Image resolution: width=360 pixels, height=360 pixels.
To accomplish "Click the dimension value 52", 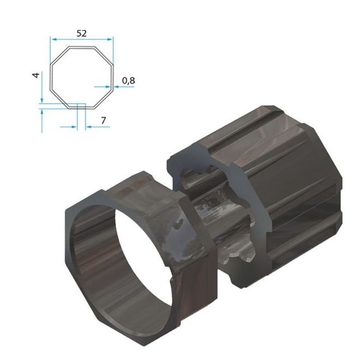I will [81, 33].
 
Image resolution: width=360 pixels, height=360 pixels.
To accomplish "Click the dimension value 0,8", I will [128, 81].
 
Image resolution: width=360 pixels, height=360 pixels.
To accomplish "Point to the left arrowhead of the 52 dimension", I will [53, 39].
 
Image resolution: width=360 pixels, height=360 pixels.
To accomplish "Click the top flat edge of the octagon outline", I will [81, 47].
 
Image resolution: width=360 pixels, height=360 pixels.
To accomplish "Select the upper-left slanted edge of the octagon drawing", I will [59, 56].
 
